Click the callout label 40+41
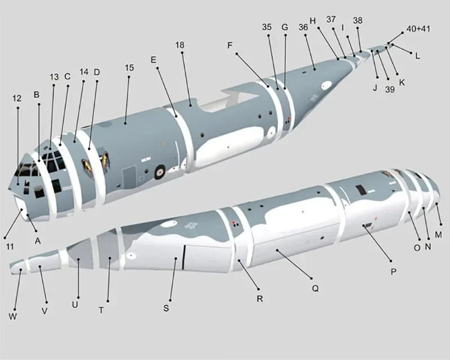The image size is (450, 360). [x=418, y=29]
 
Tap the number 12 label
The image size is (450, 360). [x=17, y=98]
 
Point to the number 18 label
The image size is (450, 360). [x=180, y=45]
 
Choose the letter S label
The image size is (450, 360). [x=166, y=308]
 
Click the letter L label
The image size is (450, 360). [x=417, y=56]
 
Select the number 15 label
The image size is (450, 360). [x=129, y=67]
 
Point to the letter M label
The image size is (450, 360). [x=439, y=234]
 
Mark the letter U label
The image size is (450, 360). [x=75, y=304]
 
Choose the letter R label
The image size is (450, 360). [x=260, y=299]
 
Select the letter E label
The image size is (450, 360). [x=153, y=59]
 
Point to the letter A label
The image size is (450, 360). [x=38, y=241]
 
